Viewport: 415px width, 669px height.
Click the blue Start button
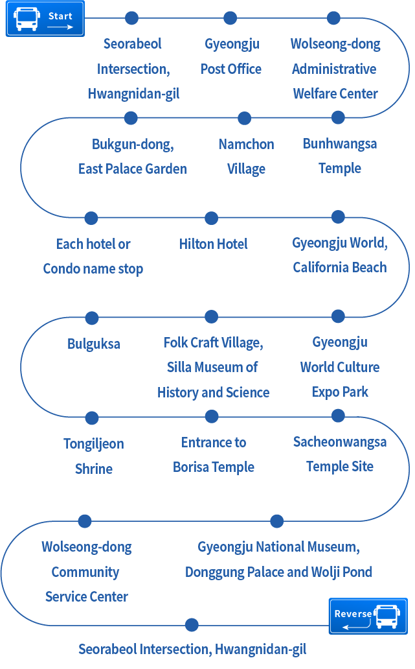click(x=45, y=18)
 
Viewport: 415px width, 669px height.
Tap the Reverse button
click(x=368, y=616)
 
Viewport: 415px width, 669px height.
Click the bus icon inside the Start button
click(x=27, y=19)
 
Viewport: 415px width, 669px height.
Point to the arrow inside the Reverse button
click(x=355, y=626)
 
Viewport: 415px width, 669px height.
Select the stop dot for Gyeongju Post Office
click(x=230, y=18)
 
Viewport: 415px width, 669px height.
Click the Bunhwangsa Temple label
click(x=340, y=156)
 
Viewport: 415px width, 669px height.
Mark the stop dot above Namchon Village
click(x=244, y=118)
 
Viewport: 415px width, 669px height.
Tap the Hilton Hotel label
click(x=213, y=244)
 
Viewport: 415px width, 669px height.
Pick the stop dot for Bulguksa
click(x=92, y=318)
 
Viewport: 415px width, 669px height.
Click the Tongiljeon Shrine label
click(x=94, y=456)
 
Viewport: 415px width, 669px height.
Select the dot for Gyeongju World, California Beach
click(x=338, y=217)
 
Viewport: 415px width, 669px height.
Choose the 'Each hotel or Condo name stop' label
click(x=93, y=256)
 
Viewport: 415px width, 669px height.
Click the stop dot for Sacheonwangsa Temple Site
click(x=338, y=415)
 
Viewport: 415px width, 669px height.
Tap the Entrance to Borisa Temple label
click(x=214, y=454)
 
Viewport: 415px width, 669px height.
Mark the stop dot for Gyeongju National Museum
click(x=276, y=521)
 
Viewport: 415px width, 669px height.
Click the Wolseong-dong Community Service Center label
click(x=87, y=572)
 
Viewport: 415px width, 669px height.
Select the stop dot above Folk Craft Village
click(x=211, y=316)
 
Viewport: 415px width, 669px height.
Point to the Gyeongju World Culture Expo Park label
click(x=340, y=367)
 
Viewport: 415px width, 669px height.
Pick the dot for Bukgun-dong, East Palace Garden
click(x=131, y=118)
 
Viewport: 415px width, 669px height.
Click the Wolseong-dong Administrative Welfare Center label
click(x=335, y=69)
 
